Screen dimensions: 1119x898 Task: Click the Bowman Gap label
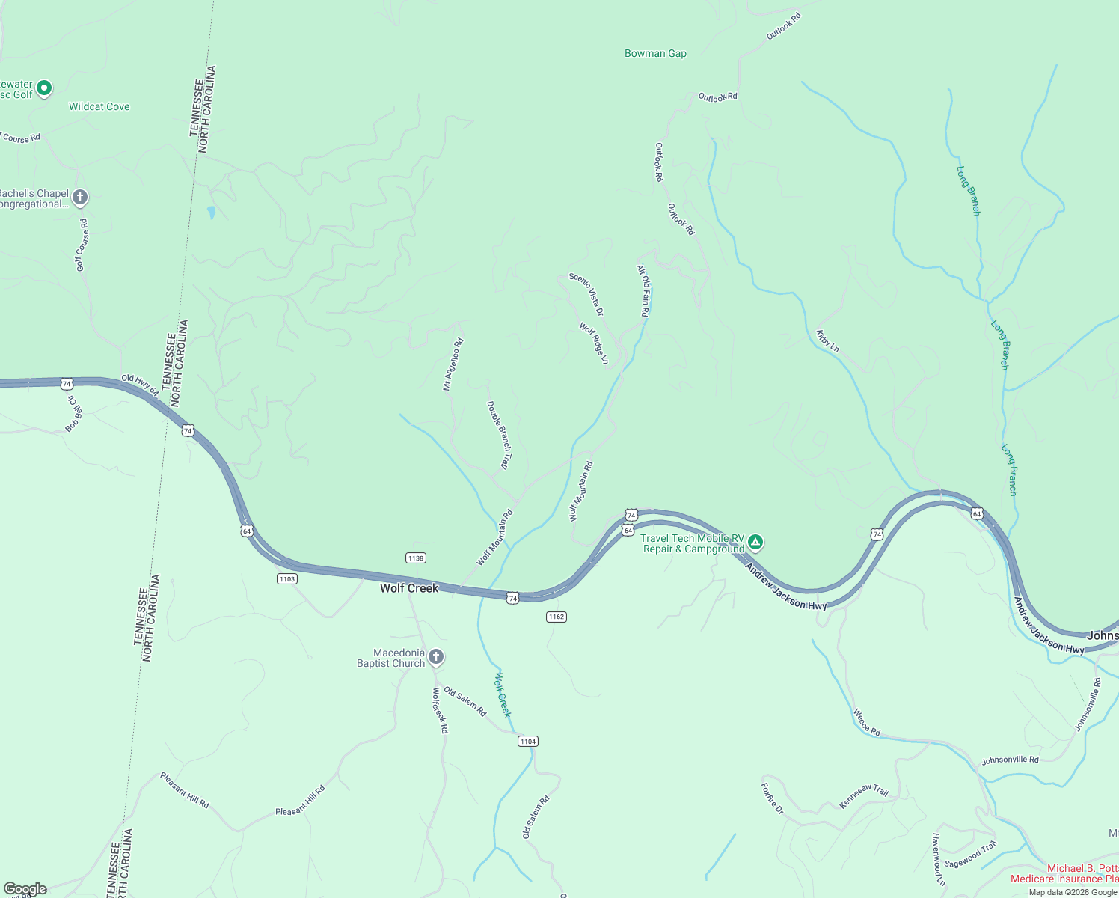655,53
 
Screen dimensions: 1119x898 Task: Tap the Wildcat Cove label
99,106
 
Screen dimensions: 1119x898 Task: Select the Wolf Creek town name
409,588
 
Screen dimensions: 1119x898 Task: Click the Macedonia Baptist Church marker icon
436,657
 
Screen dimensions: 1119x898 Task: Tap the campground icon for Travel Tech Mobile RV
755,542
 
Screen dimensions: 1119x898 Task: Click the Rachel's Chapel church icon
80,198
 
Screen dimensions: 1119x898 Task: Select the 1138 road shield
416,558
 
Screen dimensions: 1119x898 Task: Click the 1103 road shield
287,578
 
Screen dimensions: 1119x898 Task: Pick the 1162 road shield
556,617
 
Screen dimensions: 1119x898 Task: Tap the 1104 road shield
528,741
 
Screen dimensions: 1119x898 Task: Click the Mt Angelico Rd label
453,364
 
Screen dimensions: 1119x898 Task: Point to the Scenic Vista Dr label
586,294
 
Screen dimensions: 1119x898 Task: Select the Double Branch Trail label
499,435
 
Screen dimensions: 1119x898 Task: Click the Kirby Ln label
827,341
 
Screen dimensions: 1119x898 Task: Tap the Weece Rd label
867,723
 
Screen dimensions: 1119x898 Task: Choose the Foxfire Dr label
772,798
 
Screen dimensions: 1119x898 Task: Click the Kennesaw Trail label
864,795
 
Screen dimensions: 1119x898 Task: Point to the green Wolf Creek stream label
503,695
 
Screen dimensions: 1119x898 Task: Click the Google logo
25,889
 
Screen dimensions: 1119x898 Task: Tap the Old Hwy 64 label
140,384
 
